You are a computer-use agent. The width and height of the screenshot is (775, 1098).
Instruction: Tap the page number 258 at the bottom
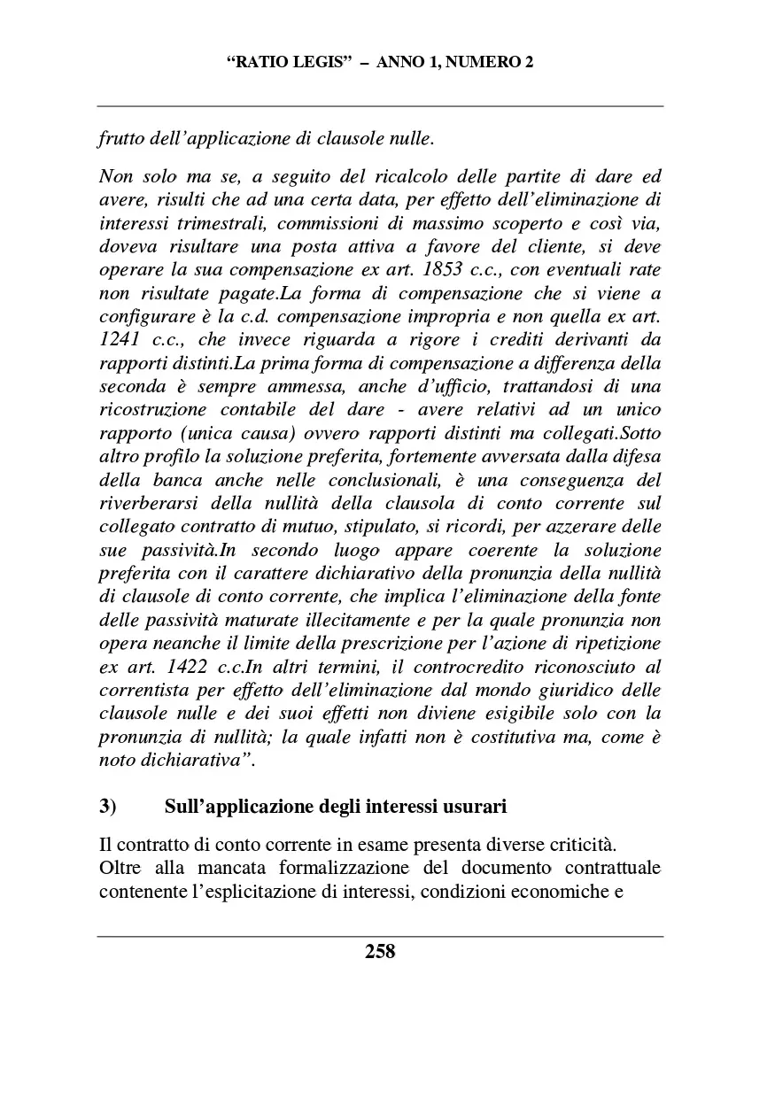(x=380, y=952)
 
